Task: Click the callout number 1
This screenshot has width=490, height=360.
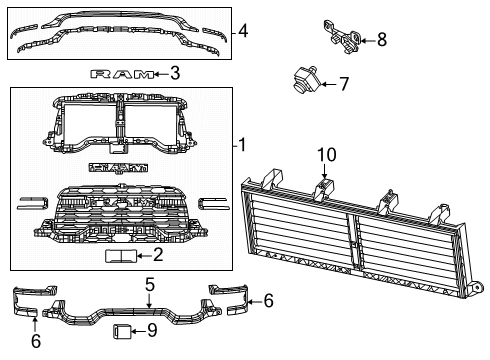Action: pyautogui.click(x=242, y=145)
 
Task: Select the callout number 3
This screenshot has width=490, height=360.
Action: pyautogui.click(x=174, y=73)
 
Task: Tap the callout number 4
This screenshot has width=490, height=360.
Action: pyautogui.click(x=243, y=30)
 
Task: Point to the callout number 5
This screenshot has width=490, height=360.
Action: pyautogui.click(x=149, y=284)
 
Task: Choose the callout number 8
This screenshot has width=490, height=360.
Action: pyautogui.click(x=381, y=40)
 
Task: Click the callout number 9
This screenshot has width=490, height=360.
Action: pyautogui.click(x=152, y=329)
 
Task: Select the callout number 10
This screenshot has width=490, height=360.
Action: pyautogui.click(x=322, y=155)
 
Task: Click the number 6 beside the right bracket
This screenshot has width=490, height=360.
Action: pyautogui.click(x=267, y=299)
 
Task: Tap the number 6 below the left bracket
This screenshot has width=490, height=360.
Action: pyautogui.click(x=36, y=341)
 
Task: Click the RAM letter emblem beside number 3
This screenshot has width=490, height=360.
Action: pyautogui.click(x=123, y=73)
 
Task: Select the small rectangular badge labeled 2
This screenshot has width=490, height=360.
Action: pyautogui.click(x=123, y=257)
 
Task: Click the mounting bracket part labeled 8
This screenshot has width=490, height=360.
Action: pyautogui.click(x=339, y=33)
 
